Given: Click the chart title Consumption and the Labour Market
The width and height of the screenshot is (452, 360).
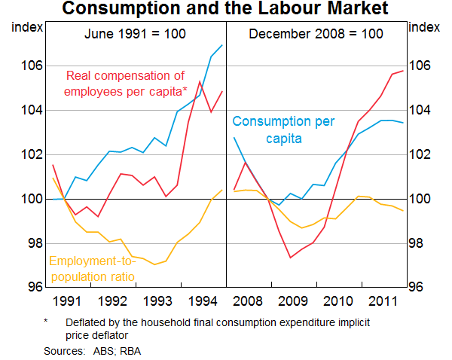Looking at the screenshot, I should coord(225,10).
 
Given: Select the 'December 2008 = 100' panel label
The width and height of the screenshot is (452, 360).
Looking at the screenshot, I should coord(316,34).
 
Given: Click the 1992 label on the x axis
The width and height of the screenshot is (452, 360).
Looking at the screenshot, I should coord(114,301).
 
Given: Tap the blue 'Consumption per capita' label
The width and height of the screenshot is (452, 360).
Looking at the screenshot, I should coord(283,130).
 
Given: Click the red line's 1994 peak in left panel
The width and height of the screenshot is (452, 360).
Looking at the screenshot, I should coord(200,81).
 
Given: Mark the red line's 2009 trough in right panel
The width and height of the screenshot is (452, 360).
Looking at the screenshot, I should coord(291,258).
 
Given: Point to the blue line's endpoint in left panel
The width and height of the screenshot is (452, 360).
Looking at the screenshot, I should coord(222,45).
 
